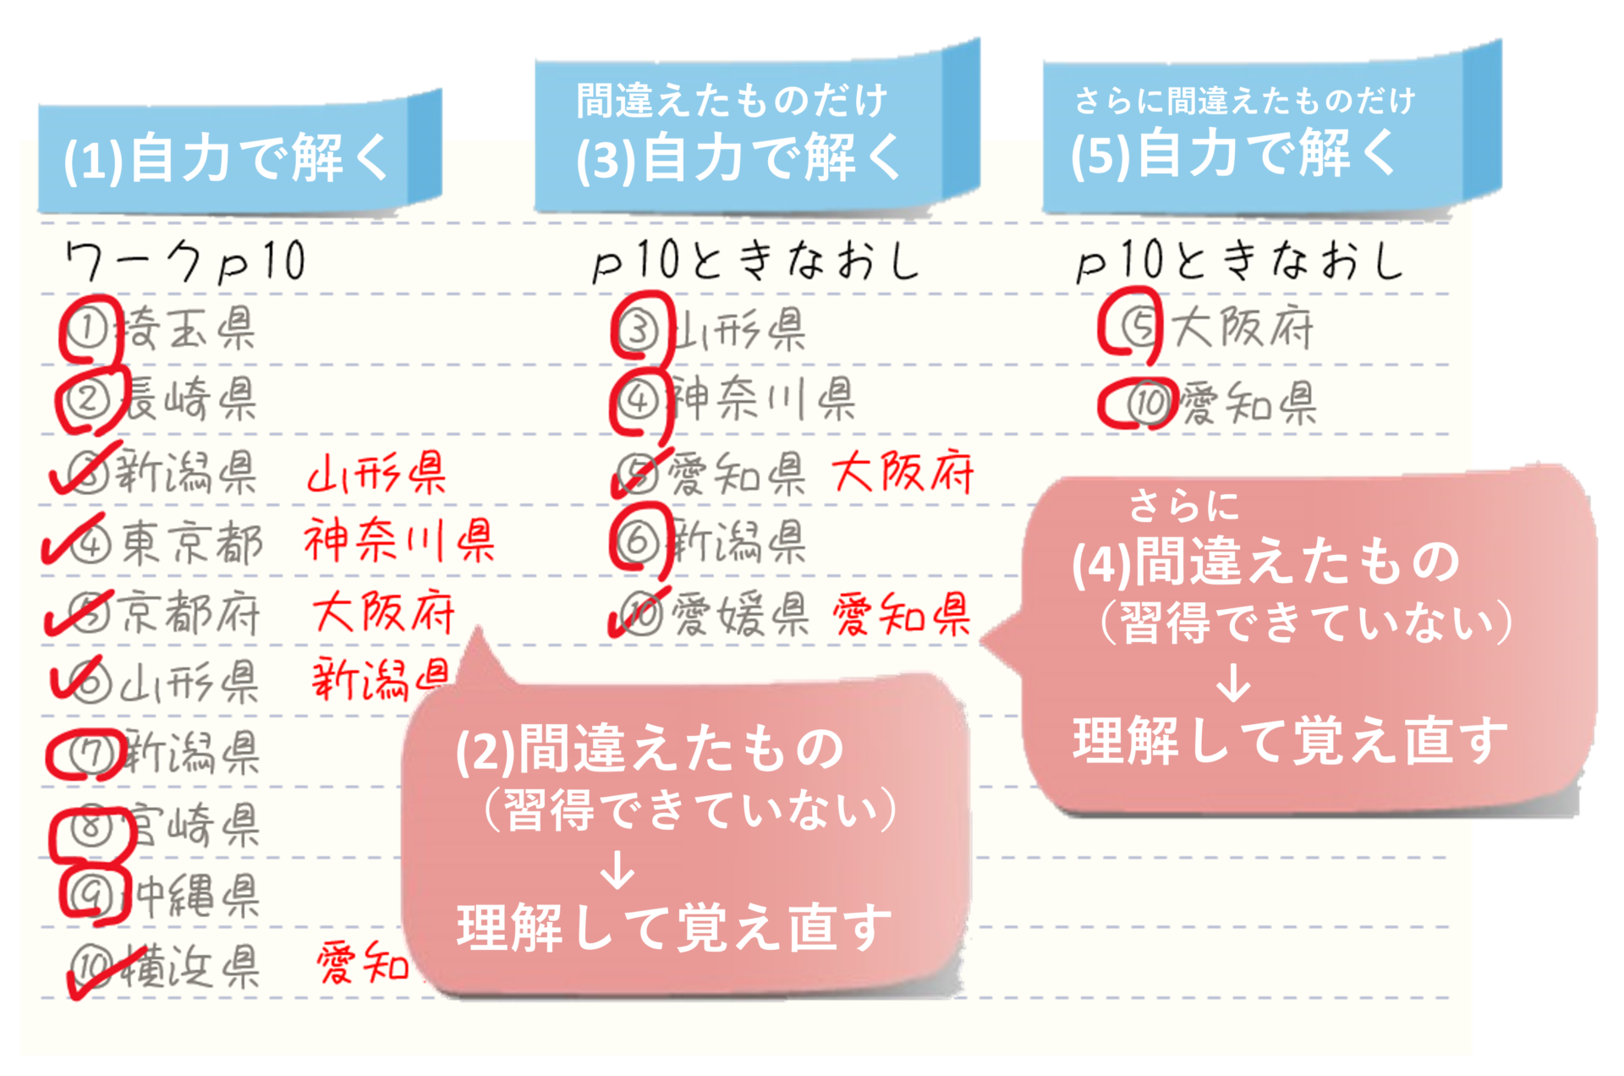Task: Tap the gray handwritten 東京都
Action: coord(191,542)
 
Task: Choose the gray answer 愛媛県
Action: coord(740,614)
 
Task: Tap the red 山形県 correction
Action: coord(377,472)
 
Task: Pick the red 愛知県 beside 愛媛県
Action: coord(902,614)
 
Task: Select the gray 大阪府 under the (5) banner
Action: coord(1243,327)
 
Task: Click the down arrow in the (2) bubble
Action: coord(617,870)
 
